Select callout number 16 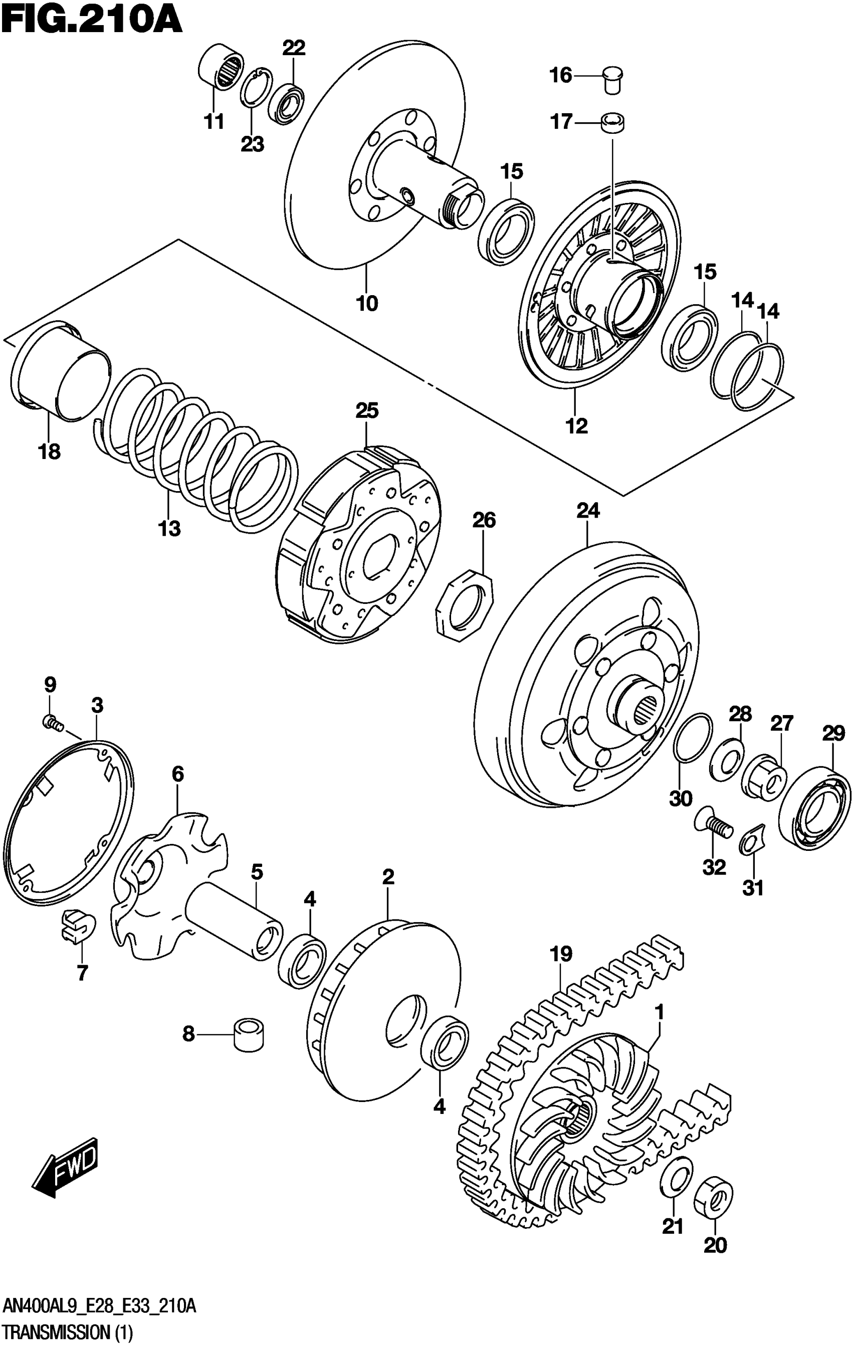coord(561,75)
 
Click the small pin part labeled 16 coord(614,79)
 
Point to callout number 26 coord(484,521)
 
